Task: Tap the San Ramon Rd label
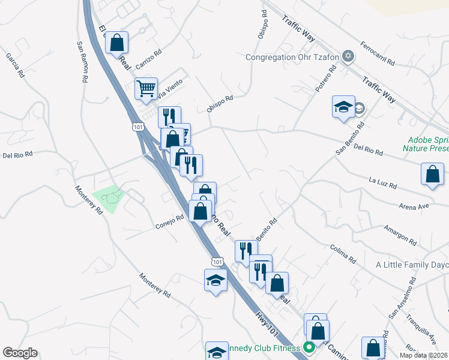coord(82,62)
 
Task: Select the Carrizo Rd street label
coord(149,58)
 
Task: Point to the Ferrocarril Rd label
coord(378,53)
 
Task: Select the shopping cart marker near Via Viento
coord(146,89)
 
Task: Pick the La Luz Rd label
coord(383,182)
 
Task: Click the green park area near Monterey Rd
coord(109,199)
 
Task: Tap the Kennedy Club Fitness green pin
coord(310,347)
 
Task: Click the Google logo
coord(20,353)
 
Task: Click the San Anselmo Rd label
coord(402,298)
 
